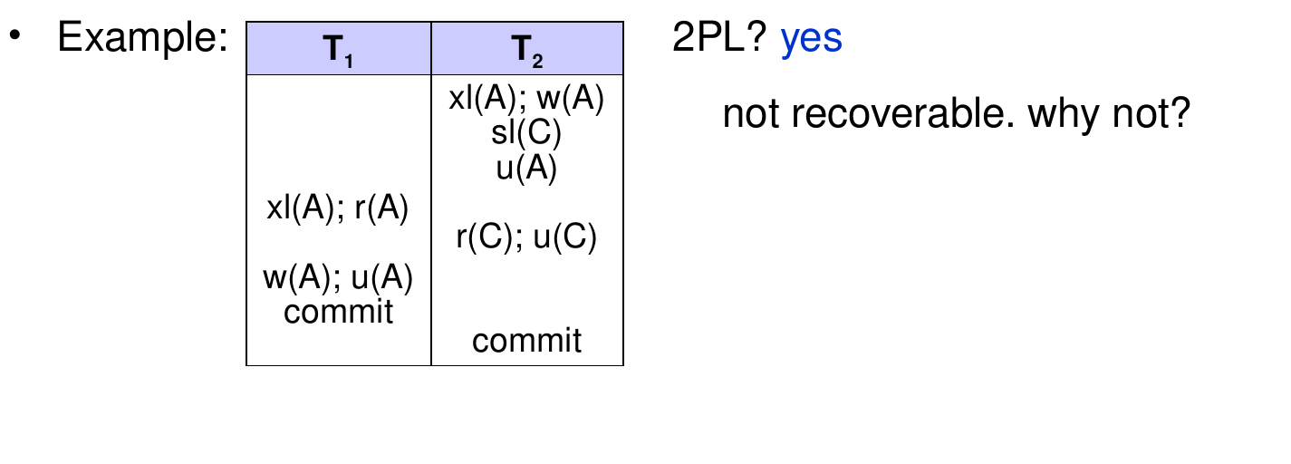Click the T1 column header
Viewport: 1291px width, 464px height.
pyautogui.click(x=338, y=51)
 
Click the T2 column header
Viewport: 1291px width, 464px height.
pyautogui.click(x=527, y=51)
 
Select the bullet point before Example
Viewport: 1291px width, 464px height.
pyautogui.click(x=15, y=35)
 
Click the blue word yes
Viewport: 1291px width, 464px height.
pyautogui.click(x=812, y=39)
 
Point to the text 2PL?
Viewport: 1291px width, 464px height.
pyautogui.click(x=719, y=36)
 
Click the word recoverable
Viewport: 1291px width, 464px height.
pyautogui.click(x=902, y=113)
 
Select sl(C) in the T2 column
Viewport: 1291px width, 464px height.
pyautogui.click(x=526, y=132)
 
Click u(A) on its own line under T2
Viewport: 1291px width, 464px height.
pyautogui.click(x=526, y=169)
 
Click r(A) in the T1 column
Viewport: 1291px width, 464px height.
pyautogui.click(x=381, y=208)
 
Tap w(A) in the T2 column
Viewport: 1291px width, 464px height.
pyautogui.click(x=570, y=98)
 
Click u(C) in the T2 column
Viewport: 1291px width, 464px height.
pyautogui.click(x=564, y=237)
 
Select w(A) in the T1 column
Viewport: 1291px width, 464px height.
pyautogui.click(x=297, y=277)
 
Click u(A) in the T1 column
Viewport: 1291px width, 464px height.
pyautogui.click(x=382, y=277)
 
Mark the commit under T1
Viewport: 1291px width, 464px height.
pyautogui.click(x=338, y=312)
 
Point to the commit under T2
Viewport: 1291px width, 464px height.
pyautogui.click(x=526, y=341)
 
